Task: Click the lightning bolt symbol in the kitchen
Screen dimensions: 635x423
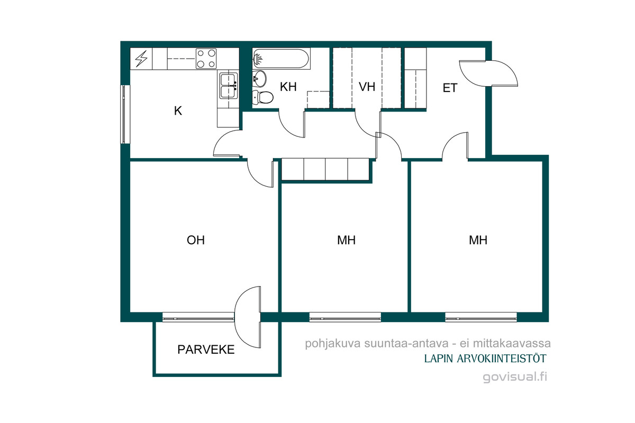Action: [x=141, y=59]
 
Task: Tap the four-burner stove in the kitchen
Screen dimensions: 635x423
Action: [x=206, y=59]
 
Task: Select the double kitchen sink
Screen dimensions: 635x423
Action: [x=229, y=86]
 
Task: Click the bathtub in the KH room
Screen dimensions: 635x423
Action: [x=281, y=59]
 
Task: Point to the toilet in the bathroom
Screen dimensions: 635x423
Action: [x=263, y=97]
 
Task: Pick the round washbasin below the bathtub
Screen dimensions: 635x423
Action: [x=260, y=78]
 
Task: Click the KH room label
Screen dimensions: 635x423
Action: [x=288, y=87]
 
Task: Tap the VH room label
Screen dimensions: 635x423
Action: [x=367, y=87]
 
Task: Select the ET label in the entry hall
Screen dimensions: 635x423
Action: [x=450, y=88]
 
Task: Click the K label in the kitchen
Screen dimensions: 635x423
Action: [x=178, y=111]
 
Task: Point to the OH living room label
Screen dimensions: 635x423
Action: [x=196, y=240]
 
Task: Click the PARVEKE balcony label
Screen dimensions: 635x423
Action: [x=206, y=350]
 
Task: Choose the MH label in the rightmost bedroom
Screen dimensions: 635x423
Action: [x=478, y=240]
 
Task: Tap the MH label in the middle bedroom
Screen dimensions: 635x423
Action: [x=346, y=240]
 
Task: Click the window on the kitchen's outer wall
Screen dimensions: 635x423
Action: [x=125, y=114]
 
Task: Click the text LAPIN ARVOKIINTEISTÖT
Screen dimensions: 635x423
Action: [x=485, y=358]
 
